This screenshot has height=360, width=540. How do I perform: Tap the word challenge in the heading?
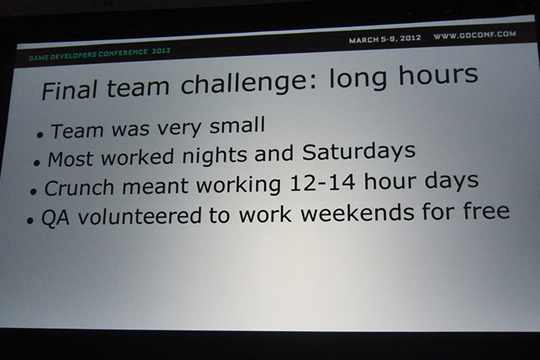tap(248, 83)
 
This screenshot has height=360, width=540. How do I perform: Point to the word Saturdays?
tap(359, 151)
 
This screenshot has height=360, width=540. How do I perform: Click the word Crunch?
tap(79, 188)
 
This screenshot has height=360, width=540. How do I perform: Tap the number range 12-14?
tap(322, 183)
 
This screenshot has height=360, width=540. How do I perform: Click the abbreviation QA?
tap(55, 218)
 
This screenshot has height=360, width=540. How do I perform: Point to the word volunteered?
tap(139, 216)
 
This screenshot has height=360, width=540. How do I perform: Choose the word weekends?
tap(358, 213)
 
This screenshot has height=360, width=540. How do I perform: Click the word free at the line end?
tap(486, 211)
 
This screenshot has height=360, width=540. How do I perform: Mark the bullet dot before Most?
tap(37, 163)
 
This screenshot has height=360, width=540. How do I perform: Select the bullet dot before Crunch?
tap(33, 192)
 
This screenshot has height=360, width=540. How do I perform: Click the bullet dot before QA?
tap(30, 221)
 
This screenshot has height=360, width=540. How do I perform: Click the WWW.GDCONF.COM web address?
tap(475, 35)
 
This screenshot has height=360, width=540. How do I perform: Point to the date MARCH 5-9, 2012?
tap(384, 39)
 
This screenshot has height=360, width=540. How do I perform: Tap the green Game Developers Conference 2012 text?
tap(100, 55)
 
